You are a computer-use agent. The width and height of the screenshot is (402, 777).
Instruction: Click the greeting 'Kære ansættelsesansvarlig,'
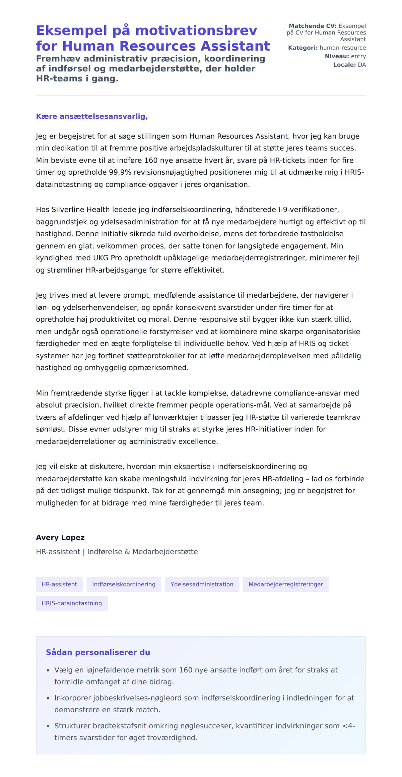[x=92, y=116]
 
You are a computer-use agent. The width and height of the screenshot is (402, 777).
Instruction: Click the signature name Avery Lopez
[x=60, y=537]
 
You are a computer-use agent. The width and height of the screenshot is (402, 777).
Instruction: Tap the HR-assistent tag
[x=59, y=584]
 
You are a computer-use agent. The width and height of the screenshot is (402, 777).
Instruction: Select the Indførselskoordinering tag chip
[x=124, y=584]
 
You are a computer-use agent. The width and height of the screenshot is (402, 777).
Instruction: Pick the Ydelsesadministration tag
[x=202, y=584]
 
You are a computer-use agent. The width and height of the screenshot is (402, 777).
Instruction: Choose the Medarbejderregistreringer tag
[x=285, y=584]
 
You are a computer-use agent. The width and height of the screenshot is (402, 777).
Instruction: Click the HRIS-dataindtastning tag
[x=72, y=603]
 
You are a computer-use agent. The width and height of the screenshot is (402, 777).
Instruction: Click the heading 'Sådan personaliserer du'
[x=98, y=652]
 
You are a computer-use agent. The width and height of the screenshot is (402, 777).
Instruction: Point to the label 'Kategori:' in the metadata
[x=303, y=48]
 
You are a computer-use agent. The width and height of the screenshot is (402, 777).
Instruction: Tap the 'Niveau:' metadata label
[x=337, y=56]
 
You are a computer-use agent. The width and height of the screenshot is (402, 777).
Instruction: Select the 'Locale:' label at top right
[x=344, y=65]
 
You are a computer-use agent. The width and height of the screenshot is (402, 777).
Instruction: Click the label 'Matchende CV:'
[x=312, y=26]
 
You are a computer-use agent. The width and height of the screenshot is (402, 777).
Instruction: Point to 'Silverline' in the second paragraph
[x=68, y=210]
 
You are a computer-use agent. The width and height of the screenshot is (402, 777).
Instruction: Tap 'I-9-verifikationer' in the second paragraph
[x=308, y=210]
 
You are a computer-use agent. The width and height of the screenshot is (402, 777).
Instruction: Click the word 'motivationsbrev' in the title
[x=196, y=31]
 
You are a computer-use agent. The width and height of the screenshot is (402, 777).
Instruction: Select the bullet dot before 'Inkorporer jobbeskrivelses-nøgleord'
[x=48, y=698]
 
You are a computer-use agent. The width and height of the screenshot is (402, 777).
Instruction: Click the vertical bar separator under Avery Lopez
[x=84, y=552]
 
